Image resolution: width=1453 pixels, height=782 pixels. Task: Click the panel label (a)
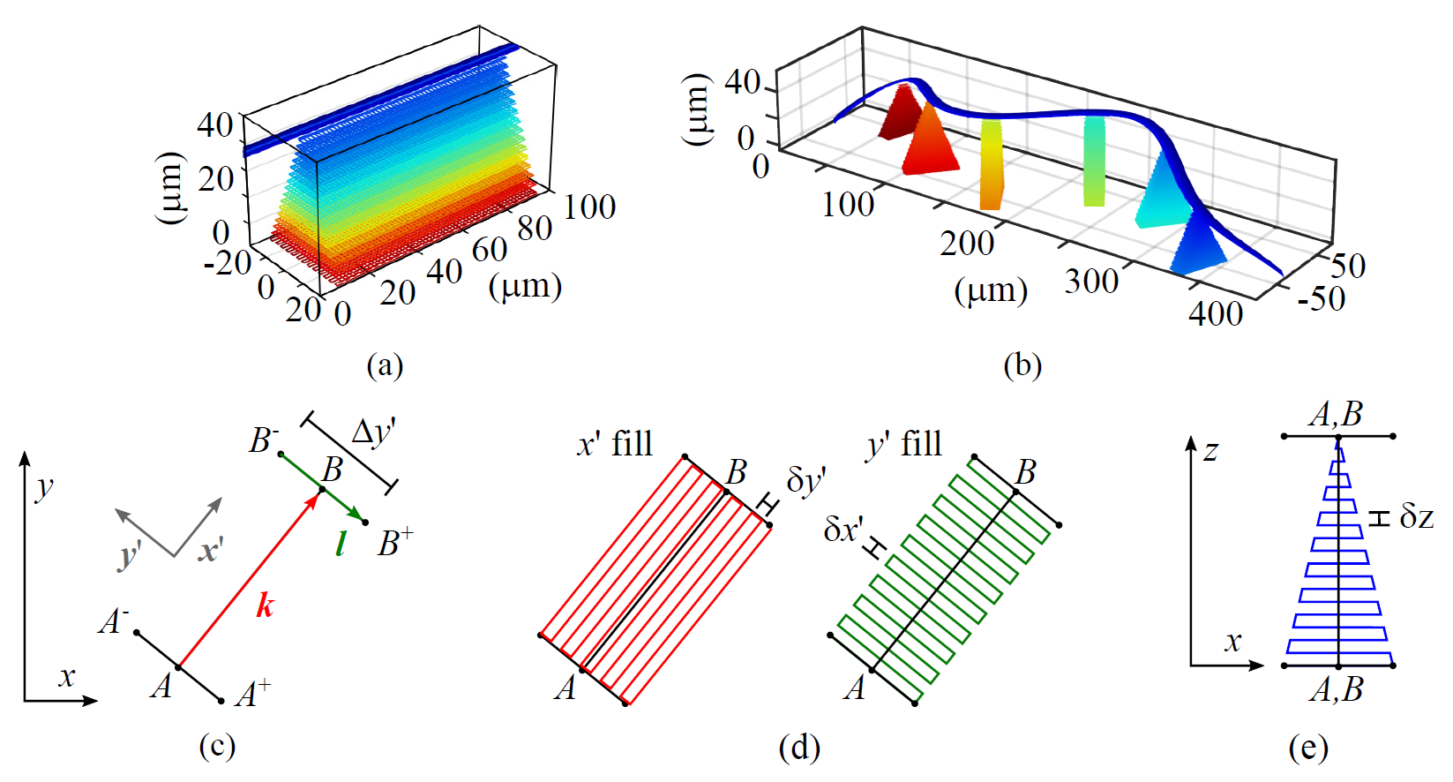[385, 365]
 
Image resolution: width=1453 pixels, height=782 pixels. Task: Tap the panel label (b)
[1022, 365]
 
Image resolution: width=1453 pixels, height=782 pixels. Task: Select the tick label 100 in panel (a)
[589, 207]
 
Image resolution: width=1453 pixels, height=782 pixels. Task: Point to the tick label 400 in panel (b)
[1216, 313]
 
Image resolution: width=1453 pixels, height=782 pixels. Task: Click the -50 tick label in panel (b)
[1321, 299]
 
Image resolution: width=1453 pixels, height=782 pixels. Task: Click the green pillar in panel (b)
[1094, 161]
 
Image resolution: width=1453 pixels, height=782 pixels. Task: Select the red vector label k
[265, 605]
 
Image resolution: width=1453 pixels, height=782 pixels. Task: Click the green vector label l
[341, 545]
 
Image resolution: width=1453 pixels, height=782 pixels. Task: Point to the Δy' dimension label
[373, 432]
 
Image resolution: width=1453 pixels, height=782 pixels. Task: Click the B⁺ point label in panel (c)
[395, 542]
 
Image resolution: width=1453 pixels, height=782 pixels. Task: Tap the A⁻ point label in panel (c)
[114, 621]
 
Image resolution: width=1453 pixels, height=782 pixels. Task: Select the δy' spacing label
[805, 481]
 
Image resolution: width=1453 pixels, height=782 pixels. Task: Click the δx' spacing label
[843, 529]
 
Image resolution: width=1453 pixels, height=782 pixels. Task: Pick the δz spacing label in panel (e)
[1417, 516]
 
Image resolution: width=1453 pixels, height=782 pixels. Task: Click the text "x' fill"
[615, 443]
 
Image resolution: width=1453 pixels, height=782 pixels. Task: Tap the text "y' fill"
[904, 443]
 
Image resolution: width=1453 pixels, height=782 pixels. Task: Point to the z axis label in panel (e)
[1210, 451]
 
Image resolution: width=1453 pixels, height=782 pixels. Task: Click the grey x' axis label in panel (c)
[210, 551]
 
